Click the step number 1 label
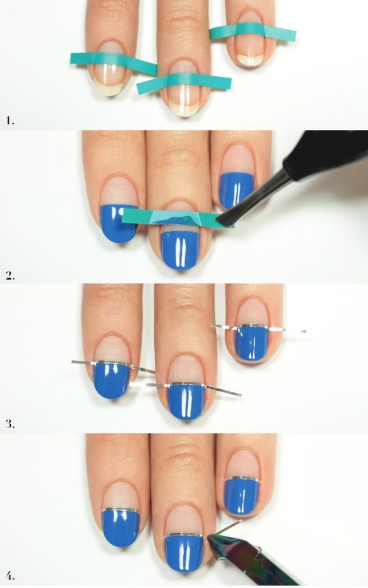pyautogui.click(x=10, y=121)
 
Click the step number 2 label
pyautogui.click(x=10, y=276)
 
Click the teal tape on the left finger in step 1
pyautogui.click(x=113, y=62)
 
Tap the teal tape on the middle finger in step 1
pyautogui.click(x=183, y=83)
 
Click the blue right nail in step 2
pyautogui.click(x=237, y=190)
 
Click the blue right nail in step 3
pyautogui.click(x=252, y=343)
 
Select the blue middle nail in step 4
pyautogui.click(x=184, y=554)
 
